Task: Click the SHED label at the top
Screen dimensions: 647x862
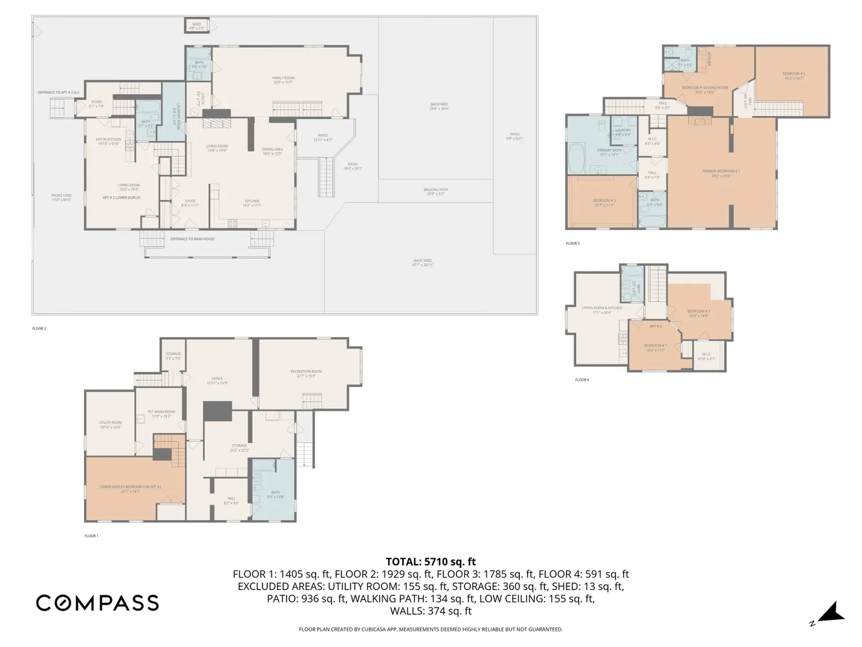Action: (197, 25)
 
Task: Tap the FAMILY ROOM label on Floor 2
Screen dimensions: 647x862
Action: (283, 78)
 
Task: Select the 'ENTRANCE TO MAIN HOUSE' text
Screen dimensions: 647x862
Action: (193, 239)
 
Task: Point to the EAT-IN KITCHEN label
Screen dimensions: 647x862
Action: (109, 140)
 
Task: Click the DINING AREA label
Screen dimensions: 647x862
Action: (272, 149)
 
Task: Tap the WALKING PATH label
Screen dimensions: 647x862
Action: (436, 190)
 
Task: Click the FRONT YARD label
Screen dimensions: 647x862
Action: (61, 196)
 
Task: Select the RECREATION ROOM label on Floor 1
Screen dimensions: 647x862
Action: (306, 372)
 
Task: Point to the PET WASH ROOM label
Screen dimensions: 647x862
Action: (161, 412)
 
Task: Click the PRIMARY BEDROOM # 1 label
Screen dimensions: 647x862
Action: (721, 171)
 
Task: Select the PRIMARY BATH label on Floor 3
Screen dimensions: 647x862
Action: (609, 151)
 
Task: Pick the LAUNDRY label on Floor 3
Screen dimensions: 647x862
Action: (623, 130)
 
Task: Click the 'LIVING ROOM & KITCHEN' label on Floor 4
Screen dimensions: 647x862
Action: (602, 309)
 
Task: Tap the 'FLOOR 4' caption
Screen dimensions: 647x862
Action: (582, 380)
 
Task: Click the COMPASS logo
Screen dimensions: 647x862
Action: (98, 603)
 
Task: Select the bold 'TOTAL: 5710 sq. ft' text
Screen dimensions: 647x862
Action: (431, 562)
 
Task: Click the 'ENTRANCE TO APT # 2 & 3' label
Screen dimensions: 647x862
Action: (58, 93)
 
